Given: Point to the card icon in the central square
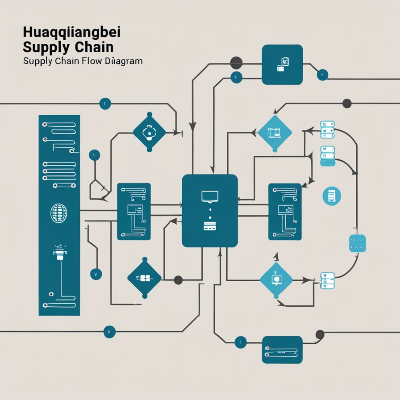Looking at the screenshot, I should click(x=209, y=226).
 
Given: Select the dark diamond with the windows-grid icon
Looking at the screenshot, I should click(x=144, y=278).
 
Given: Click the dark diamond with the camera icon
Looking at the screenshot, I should click(x=149, y=132).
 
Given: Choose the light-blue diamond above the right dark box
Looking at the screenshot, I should click(x=275, y=132).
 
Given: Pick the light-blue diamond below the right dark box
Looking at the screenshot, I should click(x=276, y=280).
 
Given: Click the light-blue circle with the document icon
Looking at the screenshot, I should click(x=331, y=196).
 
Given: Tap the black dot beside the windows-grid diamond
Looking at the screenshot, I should click(x=178, y=280).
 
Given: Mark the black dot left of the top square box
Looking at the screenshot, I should click(x=236, y=62).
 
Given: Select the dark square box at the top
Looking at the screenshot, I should click(x=282, y=64).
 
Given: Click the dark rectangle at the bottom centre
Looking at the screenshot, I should click(x=282, y=350).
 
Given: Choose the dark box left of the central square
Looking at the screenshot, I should click(x=133, y=212).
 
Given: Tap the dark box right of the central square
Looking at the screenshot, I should click(x=285, y=212).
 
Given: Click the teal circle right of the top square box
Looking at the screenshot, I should click(x=322, y=75).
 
